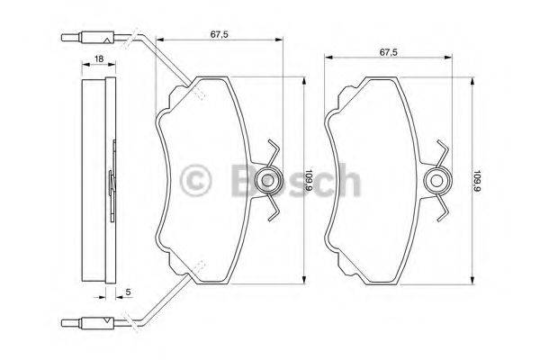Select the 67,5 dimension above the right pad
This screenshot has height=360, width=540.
(389, 52)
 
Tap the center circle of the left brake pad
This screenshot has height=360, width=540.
(267, 181)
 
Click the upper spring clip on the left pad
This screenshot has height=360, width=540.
(274, 152)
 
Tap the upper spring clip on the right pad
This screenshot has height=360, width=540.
(442, 152)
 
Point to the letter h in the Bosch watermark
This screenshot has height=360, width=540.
(345, 180)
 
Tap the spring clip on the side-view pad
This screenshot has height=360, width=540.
(112, 180)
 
